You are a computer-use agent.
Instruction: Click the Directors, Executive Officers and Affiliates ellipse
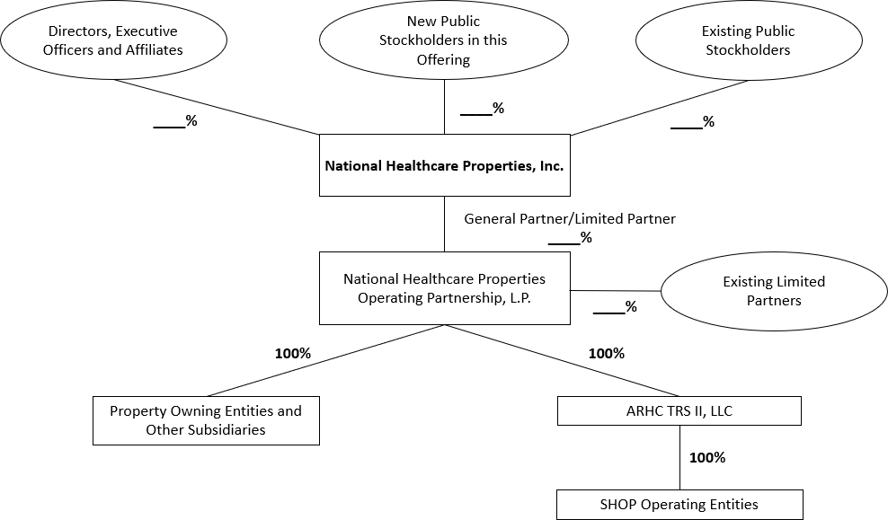[x=113, y=40]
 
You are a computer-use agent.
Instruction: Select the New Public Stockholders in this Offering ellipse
[x=443, y=40]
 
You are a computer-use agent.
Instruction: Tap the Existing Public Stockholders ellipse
[x=748, y=40]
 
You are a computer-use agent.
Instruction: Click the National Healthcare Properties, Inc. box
[x=444, y=165]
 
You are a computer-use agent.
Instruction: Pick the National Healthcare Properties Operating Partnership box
[x=444, y=287]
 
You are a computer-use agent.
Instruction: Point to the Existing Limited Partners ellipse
[x=774, y=291]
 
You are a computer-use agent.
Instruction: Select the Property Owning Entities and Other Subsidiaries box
[x=206, y=420]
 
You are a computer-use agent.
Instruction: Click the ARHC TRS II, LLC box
[x=679, y=411]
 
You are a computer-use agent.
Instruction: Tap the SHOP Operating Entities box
[x=679, y=504]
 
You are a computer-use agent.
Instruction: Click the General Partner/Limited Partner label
[x=570, y=218]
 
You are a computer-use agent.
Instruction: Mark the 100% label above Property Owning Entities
[x=292, y=353]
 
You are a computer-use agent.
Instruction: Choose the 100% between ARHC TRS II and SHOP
[x=706, y=457]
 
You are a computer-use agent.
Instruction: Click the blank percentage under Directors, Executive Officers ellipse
[x=175, y=121]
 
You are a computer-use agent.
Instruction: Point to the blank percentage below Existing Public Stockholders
[x=692, y=122]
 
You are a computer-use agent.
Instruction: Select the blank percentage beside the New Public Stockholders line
[x=482, y=109]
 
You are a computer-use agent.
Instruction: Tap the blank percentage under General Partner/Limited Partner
[x=570, y=238]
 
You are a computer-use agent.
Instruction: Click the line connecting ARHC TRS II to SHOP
[x=679, y=457]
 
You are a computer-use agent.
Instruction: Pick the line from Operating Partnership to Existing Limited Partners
[x=616, y=291]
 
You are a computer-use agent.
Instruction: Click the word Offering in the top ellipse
[x=443, y=59]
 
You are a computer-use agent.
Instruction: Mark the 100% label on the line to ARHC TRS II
[x=606, y=353]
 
